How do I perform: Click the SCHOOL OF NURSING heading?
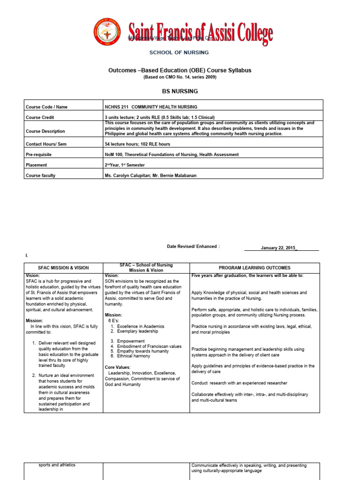179,52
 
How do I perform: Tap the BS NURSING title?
180,91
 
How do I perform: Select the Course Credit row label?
40,117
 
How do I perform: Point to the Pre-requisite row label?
39,154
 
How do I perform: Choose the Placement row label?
37,165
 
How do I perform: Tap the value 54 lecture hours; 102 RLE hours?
137,144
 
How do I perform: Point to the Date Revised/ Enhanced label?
193,246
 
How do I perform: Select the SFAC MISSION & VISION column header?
63,268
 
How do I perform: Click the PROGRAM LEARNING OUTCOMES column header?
254,268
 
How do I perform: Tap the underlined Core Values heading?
118,367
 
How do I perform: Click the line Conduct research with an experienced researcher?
239,383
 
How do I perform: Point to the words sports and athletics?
57,465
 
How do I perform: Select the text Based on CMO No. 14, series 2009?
180,77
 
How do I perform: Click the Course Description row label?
45,131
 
